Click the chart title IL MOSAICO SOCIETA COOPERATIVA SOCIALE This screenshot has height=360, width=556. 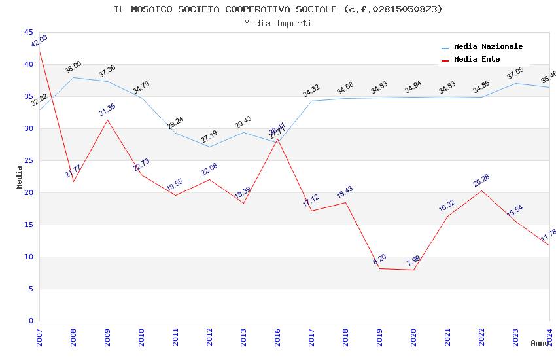click(278, 9)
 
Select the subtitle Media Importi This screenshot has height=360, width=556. click(278, 23)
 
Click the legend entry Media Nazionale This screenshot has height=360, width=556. click(488, 47)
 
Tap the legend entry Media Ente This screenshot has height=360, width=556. click(477, 60)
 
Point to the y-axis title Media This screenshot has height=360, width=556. click(20, 177)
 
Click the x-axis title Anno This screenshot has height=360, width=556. click(540, 343)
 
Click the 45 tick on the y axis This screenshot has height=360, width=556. click(29, 32)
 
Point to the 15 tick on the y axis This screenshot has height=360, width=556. click(29, 225)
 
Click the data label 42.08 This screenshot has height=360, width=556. click(39, 41)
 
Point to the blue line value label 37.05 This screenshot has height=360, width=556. click(515, 73)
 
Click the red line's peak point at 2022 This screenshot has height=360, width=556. click(482, 190)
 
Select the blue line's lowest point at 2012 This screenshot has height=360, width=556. click(210, 147)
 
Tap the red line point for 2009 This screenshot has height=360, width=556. click(108, 120)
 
